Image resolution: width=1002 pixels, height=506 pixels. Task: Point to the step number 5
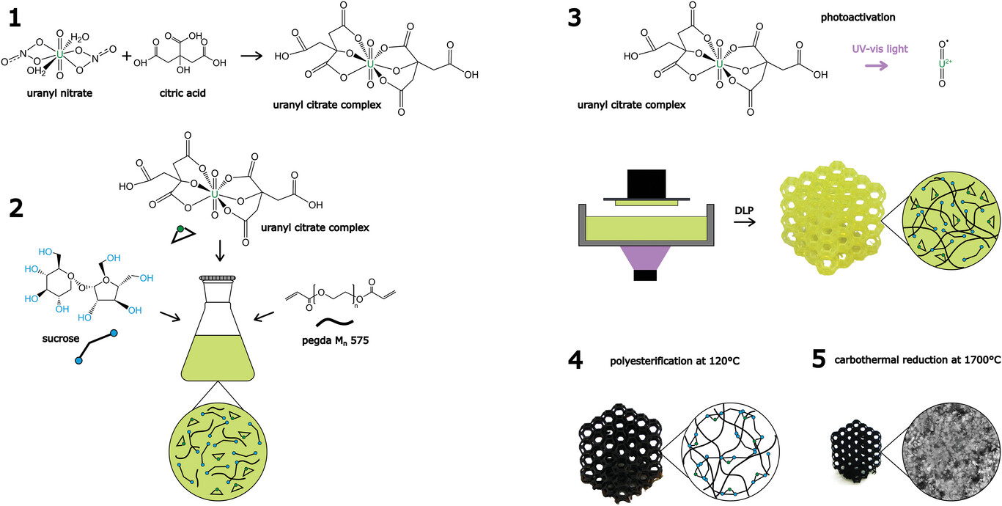point(820,362)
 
